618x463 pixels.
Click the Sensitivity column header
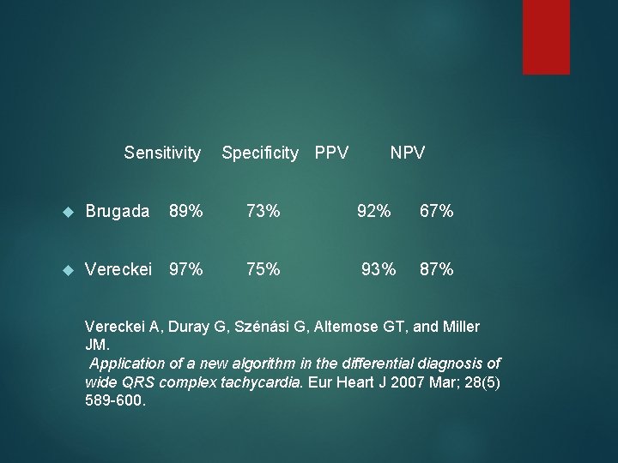click(162, 153)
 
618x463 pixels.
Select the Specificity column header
click(260, 153)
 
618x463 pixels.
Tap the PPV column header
click(331, 153)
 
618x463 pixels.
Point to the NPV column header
click(408, 153)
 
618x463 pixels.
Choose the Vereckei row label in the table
click(119, 270)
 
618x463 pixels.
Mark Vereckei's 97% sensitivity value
click(186, 270)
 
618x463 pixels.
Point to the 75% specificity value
click(263, 270)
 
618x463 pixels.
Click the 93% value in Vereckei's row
click(379, 270)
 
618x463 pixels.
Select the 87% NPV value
click(436, 270)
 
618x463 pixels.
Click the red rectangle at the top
click(546, 36)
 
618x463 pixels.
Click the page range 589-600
click(116, 400)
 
